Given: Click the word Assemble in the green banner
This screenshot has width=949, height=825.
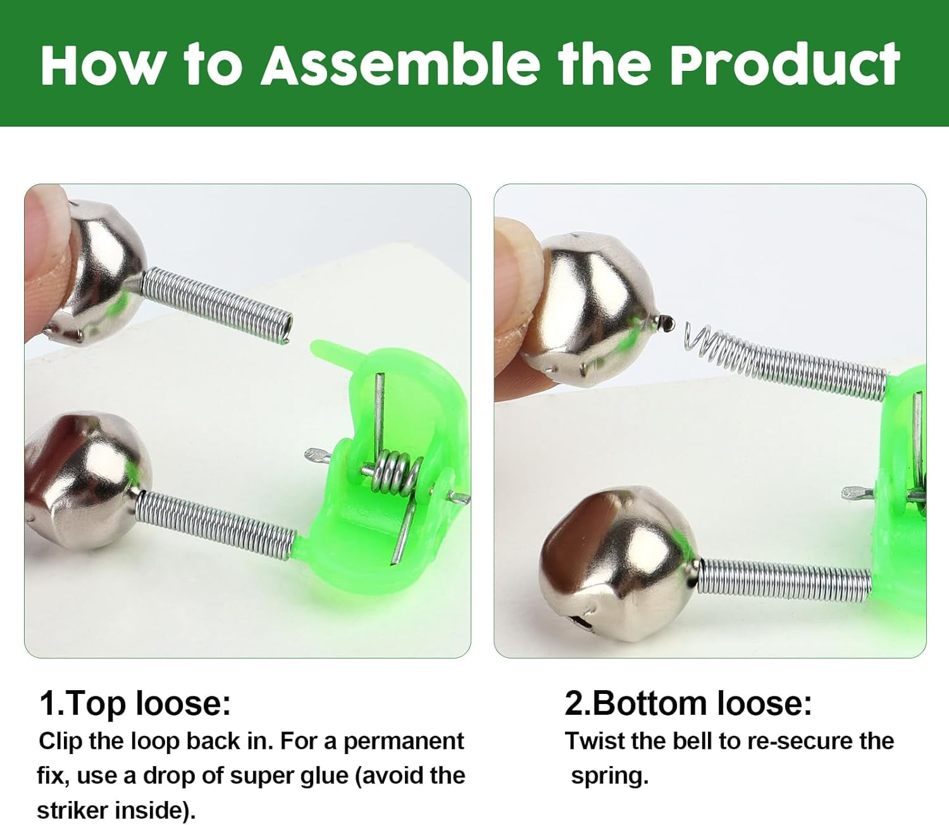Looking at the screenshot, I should tap(401, 65).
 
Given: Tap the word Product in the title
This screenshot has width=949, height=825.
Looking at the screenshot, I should tap(785, 65).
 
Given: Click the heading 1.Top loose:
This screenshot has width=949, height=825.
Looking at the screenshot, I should tap(135, 703).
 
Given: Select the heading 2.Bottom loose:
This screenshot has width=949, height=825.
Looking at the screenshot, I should tap(688, 703).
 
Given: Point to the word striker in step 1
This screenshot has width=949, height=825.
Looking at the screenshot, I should tap(73, 810).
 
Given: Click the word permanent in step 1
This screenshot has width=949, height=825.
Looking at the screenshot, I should tap(404, 741).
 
